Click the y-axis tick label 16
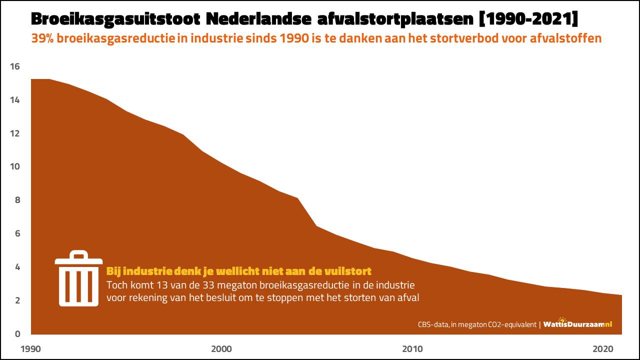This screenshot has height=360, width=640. (14, 66)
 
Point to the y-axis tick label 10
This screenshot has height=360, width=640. (14, 166)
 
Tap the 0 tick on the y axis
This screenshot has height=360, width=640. (17, 333)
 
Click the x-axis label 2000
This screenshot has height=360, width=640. (221, 348)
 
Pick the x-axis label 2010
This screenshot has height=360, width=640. (412, 348)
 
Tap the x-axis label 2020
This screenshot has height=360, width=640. (603, 348)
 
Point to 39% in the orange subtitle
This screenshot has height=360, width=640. (42, 38)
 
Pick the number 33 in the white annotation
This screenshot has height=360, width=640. (211, 285)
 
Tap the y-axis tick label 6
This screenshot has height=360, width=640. (17, 233)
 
